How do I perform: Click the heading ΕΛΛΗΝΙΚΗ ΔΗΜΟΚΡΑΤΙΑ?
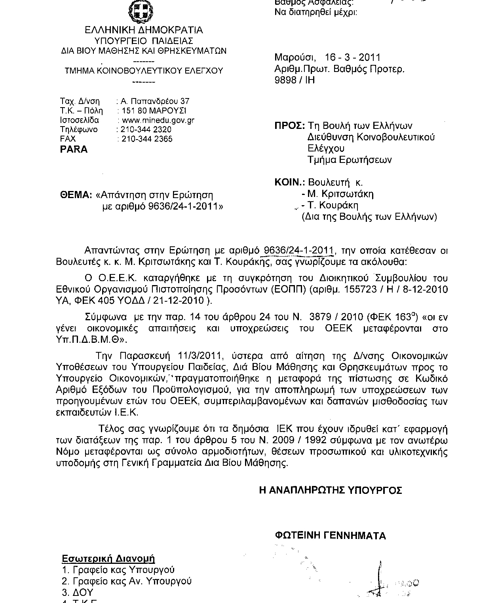[144, 30]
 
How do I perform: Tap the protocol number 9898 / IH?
[295, 80]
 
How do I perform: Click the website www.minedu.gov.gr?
[158, 120]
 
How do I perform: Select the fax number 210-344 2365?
[147, 139]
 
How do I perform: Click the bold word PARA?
[74, 149]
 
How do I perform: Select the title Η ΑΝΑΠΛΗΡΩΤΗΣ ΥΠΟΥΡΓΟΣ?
[331, 490]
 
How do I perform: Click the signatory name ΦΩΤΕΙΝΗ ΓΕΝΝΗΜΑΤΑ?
[330, 536]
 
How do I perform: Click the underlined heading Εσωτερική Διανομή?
[108, 558]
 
